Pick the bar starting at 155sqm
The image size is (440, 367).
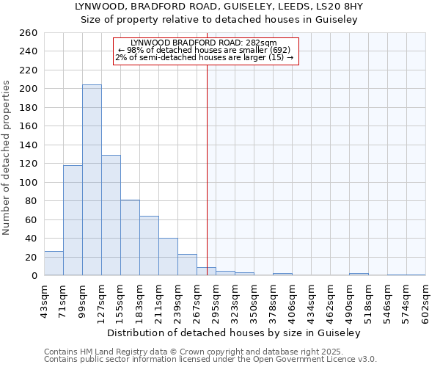point(130,238)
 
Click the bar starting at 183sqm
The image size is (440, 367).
point(149,246)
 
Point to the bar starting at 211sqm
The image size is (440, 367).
point(168,257)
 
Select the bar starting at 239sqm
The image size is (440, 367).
point(187,265)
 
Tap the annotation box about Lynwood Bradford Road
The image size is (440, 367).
point(206,51)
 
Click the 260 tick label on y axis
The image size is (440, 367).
point(29,33)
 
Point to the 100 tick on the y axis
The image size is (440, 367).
point(29,182)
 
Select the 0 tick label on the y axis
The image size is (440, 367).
point(34,276)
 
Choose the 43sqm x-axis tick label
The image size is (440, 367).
point(44,301)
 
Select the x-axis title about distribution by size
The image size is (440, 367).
point(234,333)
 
